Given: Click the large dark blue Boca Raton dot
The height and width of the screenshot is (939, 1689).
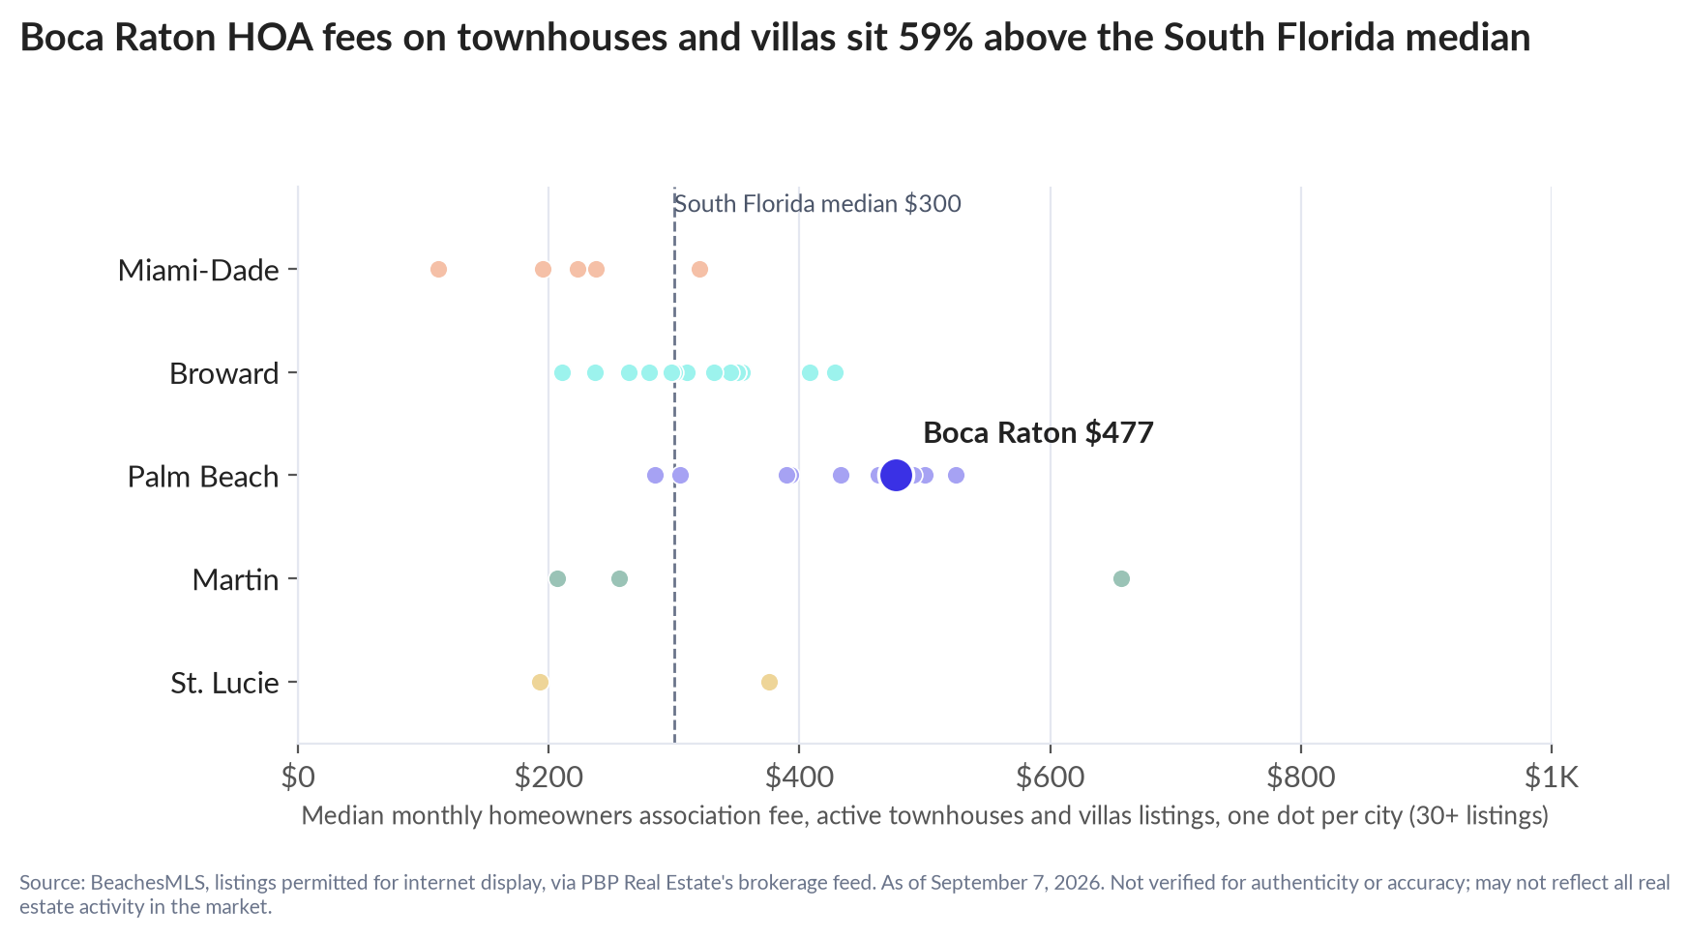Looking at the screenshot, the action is (897, 475).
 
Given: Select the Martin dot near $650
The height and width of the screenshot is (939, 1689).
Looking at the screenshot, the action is (1121, 578).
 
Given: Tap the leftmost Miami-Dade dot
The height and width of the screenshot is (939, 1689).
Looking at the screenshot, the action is (438, 269).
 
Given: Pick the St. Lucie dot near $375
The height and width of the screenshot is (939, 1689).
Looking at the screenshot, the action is (769, 682).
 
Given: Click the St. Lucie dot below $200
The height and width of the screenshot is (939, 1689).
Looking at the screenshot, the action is (540, 682).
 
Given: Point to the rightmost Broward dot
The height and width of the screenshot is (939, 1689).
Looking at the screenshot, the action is (835, 372).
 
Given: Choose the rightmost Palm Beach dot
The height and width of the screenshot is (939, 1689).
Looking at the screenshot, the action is (956, 475).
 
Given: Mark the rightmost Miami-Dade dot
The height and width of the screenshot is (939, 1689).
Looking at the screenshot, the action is (699, 269).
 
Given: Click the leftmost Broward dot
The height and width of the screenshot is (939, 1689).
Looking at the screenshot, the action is (562, 372).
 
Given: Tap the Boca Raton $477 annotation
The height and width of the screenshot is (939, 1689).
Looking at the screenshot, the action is (1038, 432).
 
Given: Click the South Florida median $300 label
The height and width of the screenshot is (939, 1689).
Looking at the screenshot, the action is (817, 204).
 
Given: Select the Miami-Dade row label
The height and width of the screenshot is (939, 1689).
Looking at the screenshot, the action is (198, 270).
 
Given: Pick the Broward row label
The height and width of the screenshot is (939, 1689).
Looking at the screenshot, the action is (224, 373).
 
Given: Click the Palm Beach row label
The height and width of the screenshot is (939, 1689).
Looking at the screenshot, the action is (203, 477).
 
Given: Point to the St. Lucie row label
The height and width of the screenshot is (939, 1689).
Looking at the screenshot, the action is (224, 683).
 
